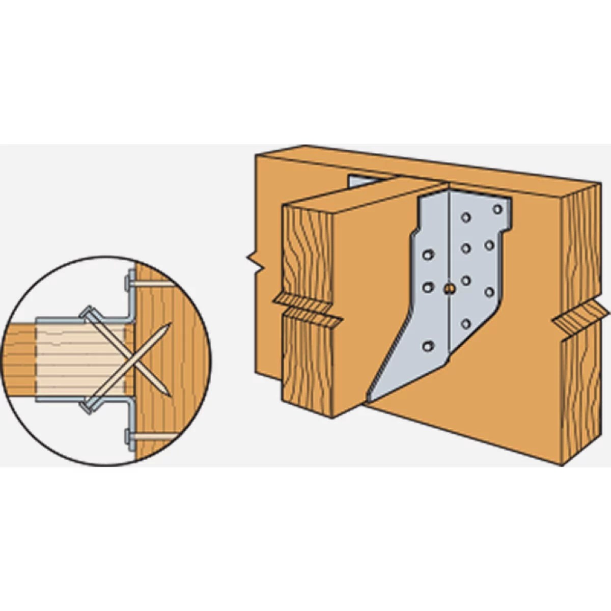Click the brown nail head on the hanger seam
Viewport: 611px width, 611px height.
coord(448,289)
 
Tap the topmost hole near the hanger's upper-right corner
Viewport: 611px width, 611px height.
coord(497,209)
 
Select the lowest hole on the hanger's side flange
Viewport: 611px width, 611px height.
coord(428,346)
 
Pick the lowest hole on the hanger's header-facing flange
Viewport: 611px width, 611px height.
coord(465,323)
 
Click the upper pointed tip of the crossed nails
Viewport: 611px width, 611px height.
coord(169,325)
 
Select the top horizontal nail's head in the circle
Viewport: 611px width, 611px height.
coord(126,283)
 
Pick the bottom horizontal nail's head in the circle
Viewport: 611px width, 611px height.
coord(127,436)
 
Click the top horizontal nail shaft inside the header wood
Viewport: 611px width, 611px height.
coord(155,284)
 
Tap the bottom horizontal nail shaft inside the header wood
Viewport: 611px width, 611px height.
coord(155,436)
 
